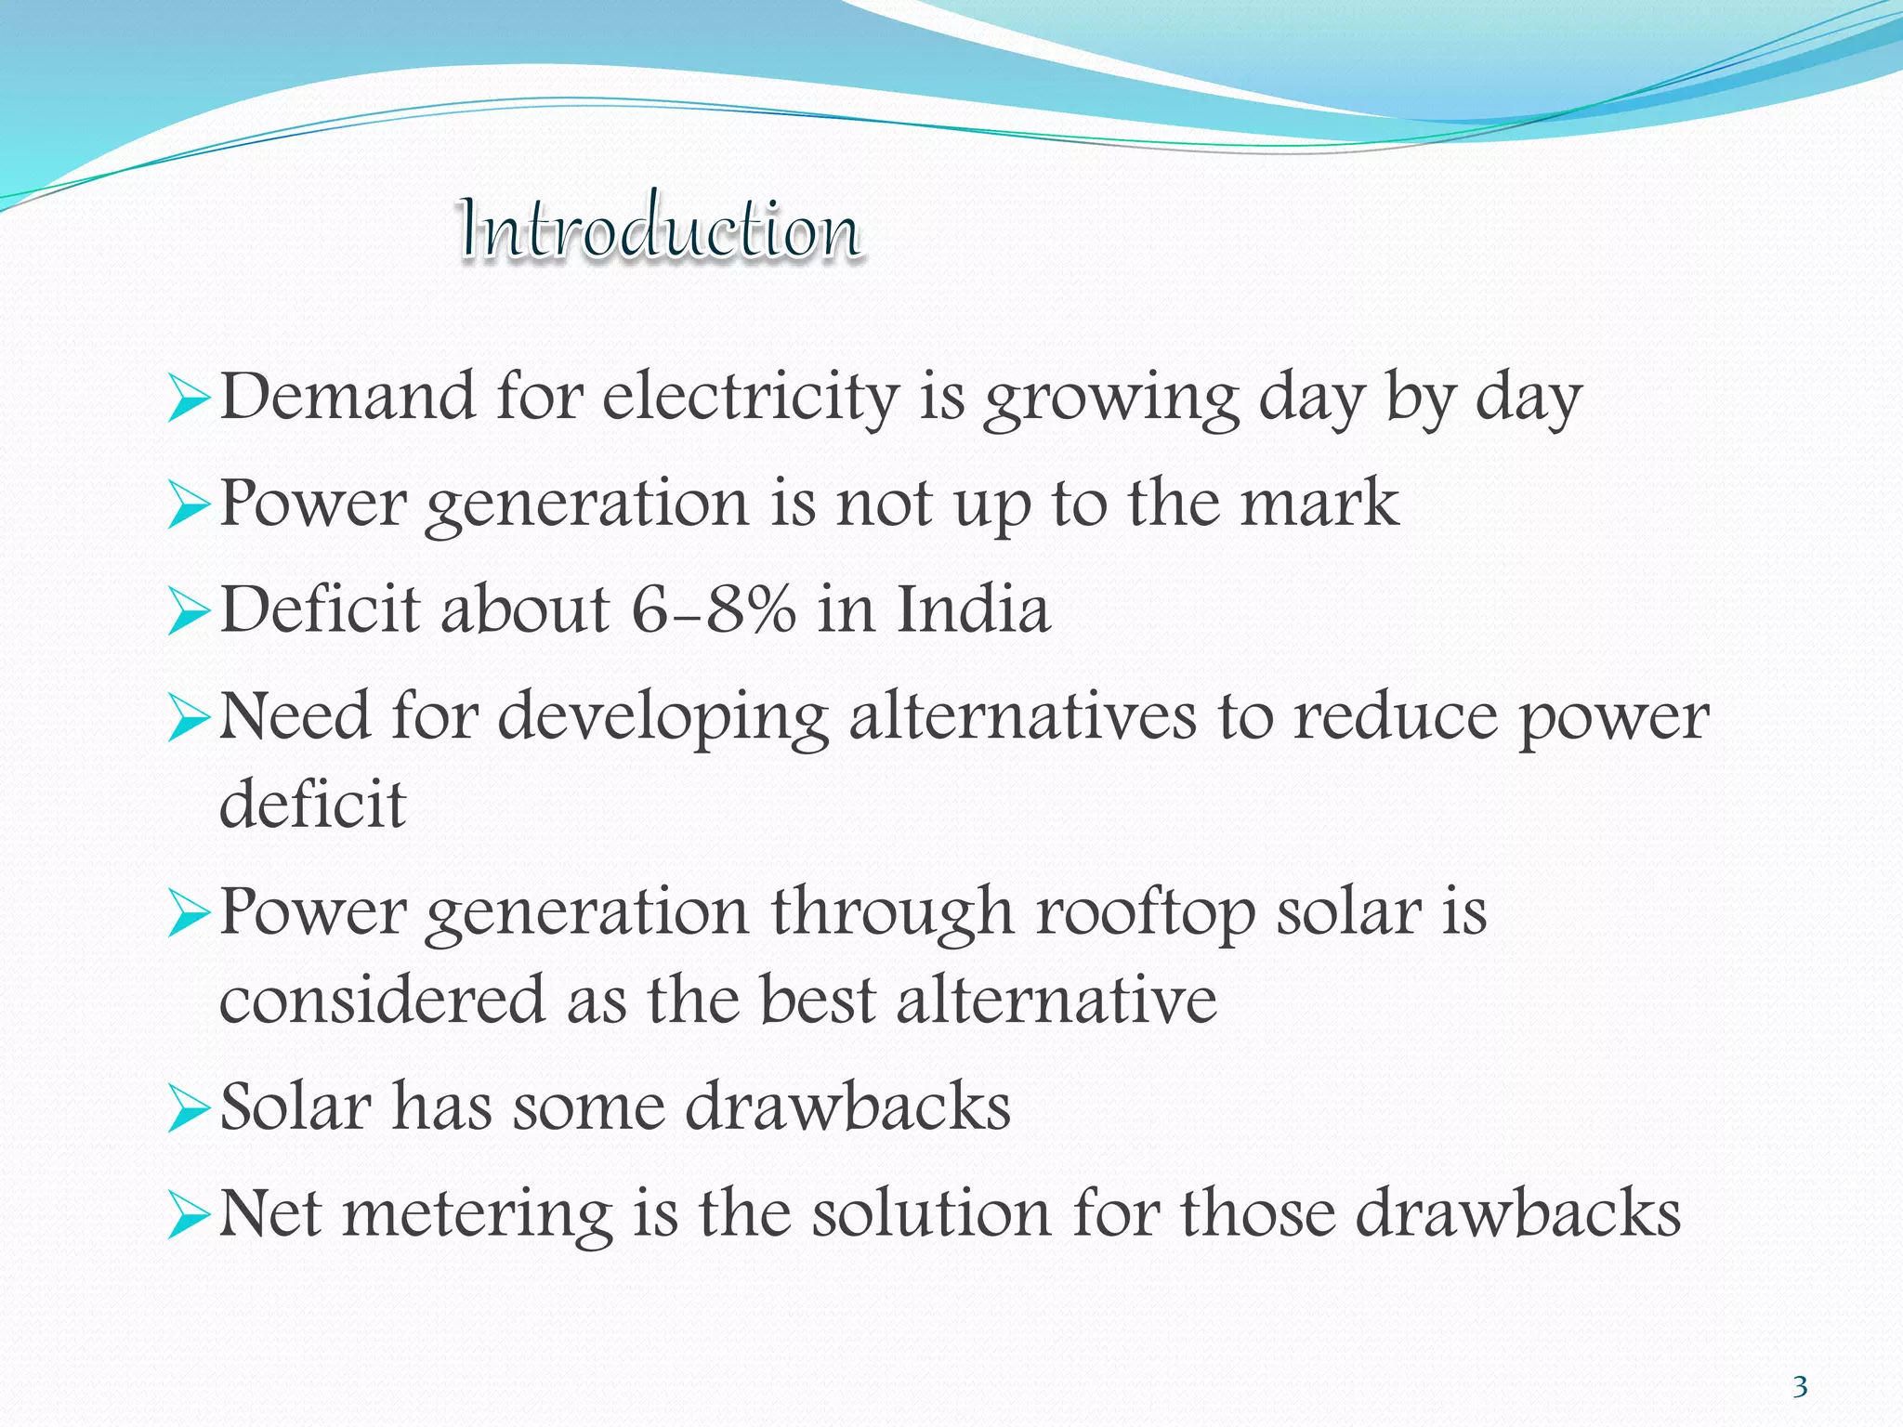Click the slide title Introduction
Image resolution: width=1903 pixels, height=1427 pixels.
[660, 229]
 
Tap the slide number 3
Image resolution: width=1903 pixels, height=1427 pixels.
[1800, 1387]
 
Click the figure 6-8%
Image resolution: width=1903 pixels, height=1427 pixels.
[714, 610]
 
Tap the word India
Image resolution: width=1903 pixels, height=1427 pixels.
[973, 610]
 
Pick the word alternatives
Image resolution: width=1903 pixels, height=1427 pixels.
[1022, 717]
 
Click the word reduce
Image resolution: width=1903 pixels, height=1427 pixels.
[1396, 717]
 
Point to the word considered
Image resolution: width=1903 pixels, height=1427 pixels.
[382, 1001]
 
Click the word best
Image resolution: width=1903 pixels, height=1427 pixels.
[818, 1001]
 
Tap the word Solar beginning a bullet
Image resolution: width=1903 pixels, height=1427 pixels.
[295, 1107]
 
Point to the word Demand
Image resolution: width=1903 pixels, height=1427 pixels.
[348, 398]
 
